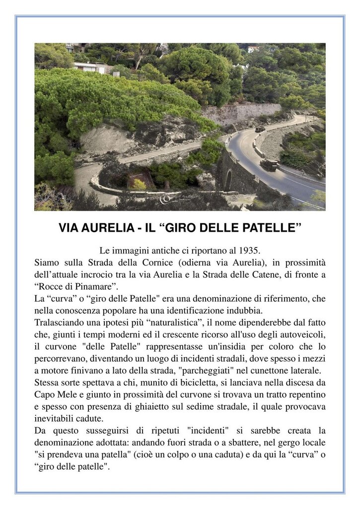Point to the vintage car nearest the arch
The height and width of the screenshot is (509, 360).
pos(269,165)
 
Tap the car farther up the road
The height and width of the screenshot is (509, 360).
pos(259,129)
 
